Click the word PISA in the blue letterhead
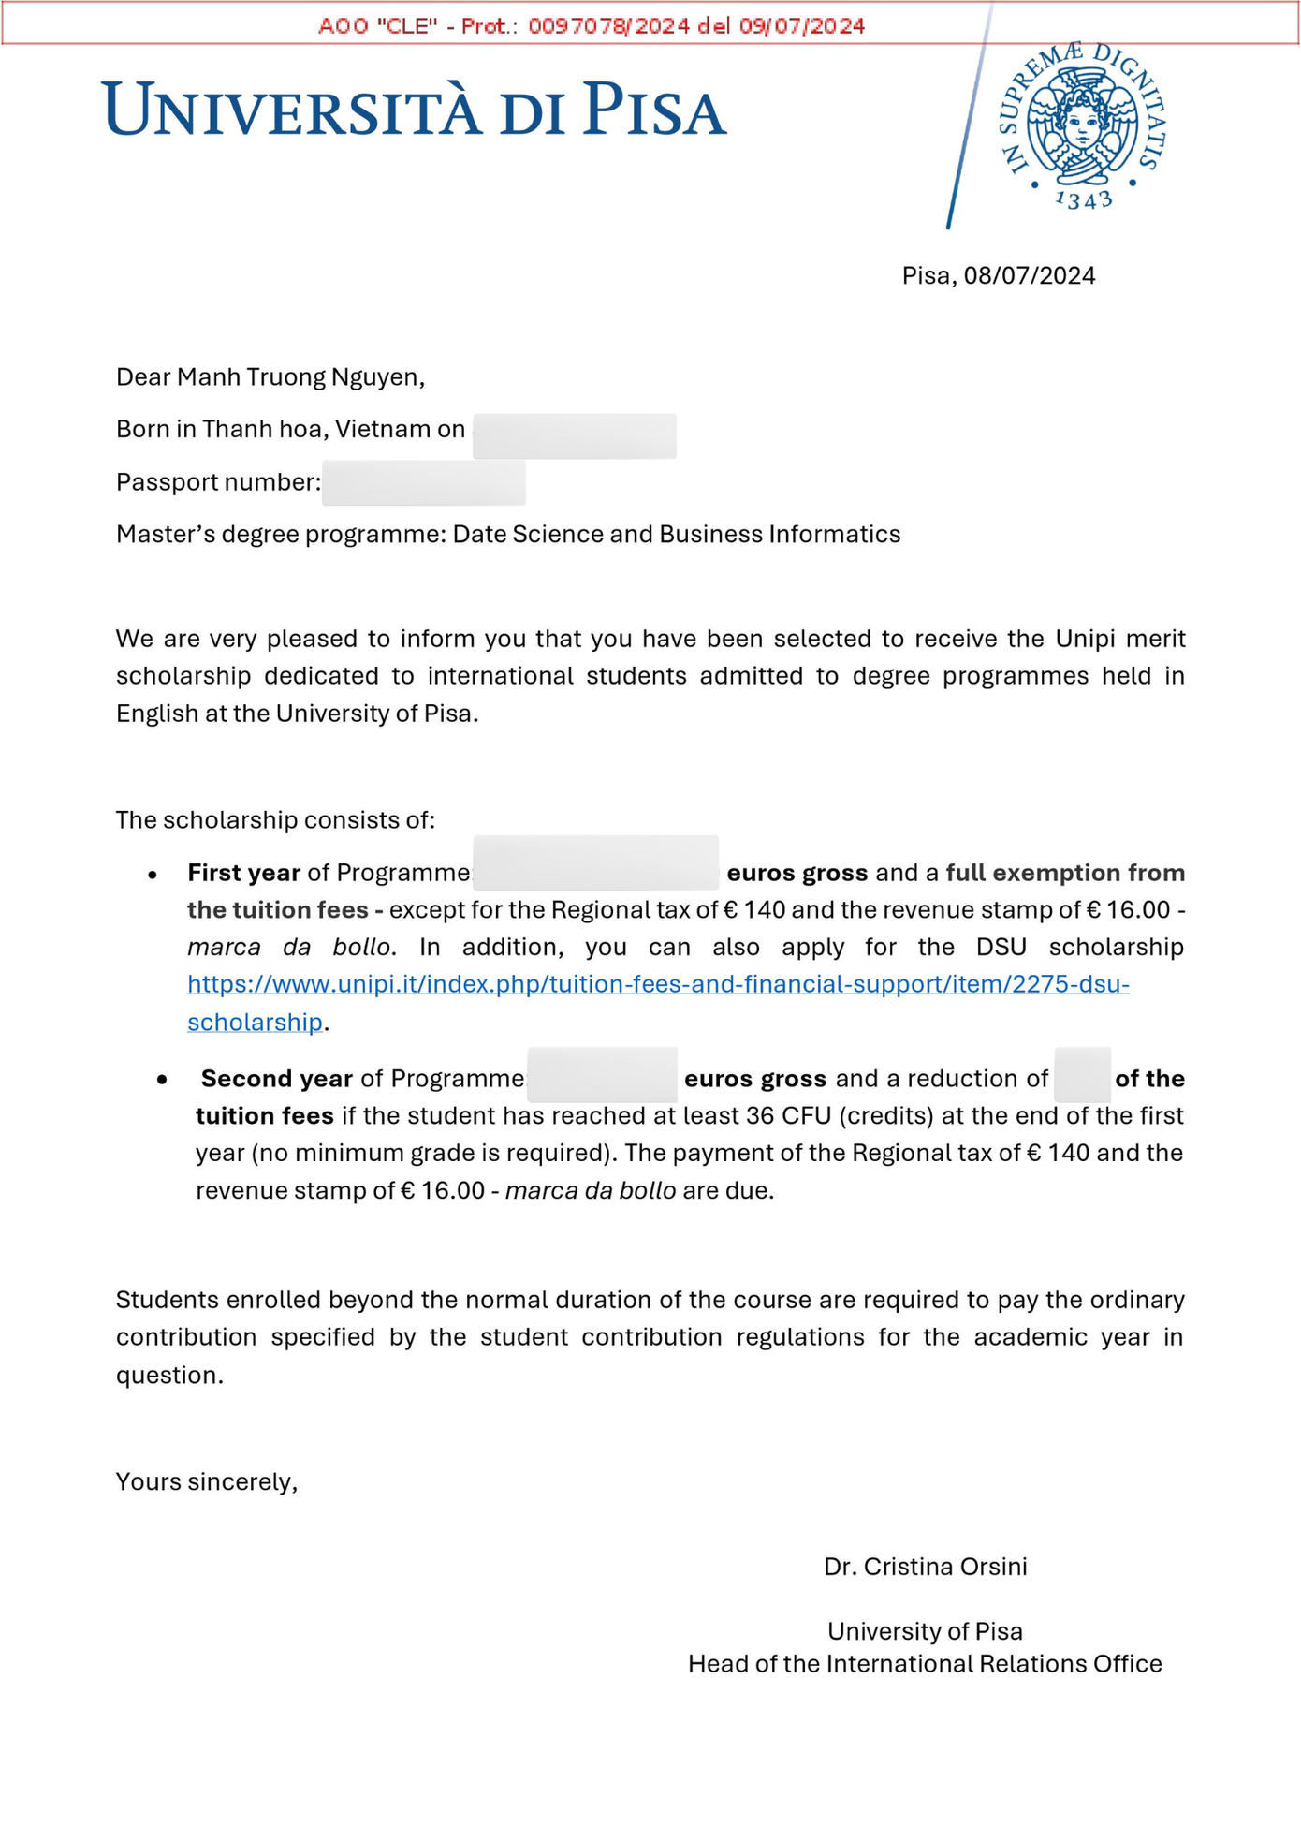[x=654, y=110]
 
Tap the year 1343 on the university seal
[x=1083, y=199]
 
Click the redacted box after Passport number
[x=423, y=483]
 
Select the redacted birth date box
[x=574, y=435]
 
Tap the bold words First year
[x=243, y=873]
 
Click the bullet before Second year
[x=163, y=1080]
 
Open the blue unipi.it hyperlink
[x=658, y=984]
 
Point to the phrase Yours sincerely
[x=207, y=1481]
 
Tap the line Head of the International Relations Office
[x=924, y=1664]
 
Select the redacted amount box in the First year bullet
[x=595, y=862]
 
